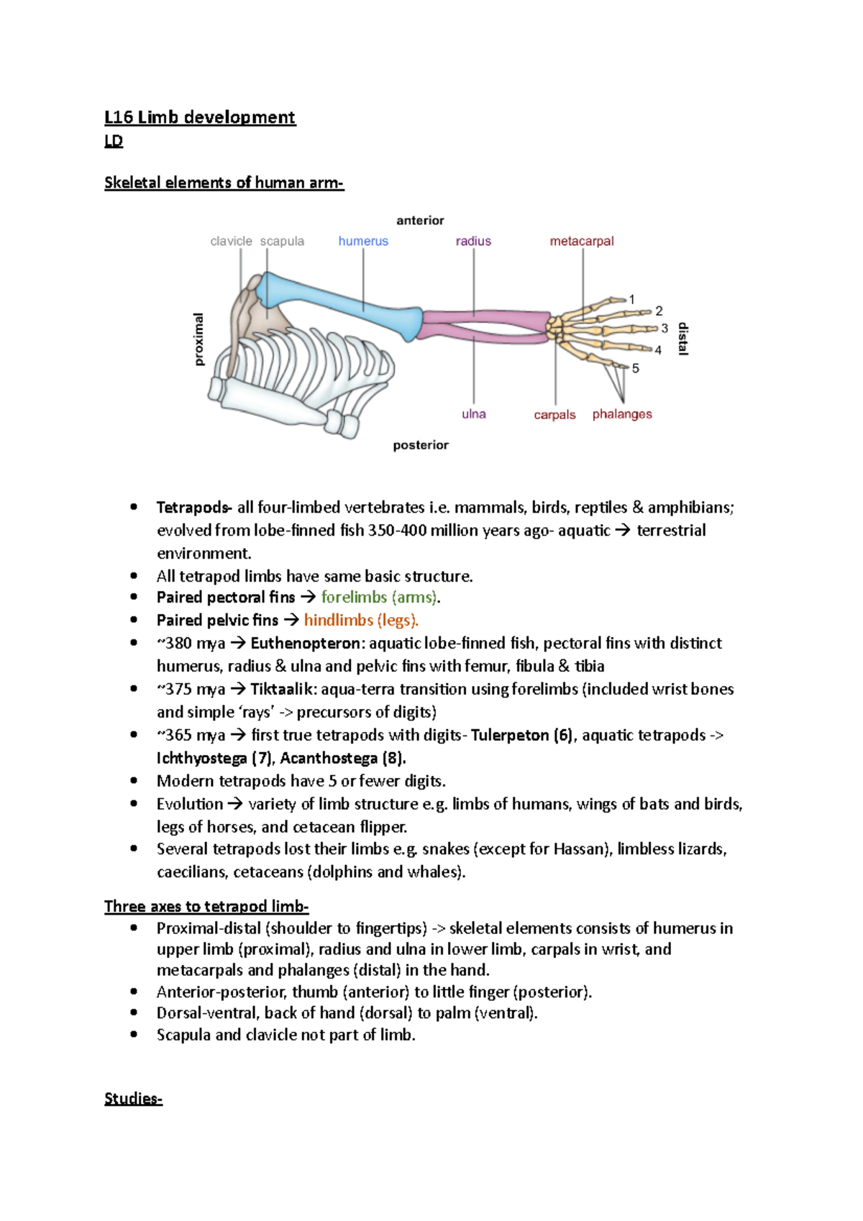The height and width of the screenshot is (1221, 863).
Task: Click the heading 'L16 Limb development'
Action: click(x=199, y=117)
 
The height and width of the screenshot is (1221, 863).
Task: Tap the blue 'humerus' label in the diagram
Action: click(x=363, y=241)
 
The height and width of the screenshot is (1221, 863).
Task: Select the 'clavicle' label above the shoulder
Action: click(x=231, y=241)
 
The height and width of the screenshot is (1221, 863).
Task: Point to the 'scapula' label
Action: click(x=282, y=241)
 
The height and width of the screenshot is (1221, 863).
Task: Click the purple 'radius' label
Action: click(x=473, y=241)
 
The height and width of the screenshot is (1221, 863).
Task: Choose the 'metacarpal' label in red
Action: click(x=582, y=241)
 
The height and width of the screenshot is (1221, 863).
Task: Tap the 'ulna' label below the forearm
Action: click(x=474, y=414)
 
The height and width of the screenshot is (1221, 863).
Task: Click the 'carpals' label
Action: click(x=554, y=415)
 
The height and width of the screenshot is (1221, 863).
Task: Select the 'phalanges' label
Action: click(x=622, y=414)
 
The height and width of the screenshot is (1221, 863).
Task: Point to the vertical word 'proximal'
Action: click(x=199, y=339)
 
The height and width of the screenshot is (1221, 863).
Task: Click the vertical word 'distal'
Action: click(x=683, y=339)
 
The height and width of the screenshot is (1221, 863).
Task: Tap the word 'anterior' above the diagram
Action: click(x=420, y=220)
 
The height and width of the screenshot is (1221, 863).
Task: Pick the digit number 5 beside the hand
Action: click(x=636, y=368)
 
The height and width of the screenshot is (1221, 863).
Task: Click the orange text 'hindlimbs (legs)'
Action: click(x=360, y=620)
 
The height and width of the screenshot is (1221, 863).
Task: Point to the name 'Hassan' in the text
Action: click(x=581, y=849)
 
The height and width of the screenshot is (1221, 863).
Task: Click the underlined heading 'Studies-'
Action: click(x=133, y=1098)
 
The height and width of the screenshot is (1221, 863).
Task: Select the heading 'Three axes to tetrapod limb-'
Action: click(x=206, y=906)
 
